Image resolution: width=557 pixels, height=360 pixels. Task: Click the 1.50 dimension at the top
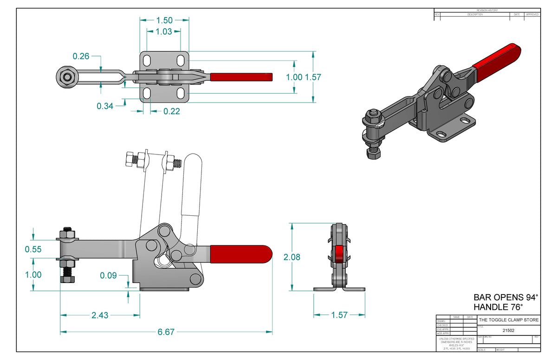164,20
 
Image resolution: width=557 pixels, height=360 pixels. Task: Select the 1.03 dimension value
164,32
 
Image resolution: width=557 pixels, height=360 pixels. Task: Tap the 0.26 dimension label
81,56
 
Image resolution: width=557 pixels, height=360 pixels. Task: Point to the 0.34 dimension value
105,106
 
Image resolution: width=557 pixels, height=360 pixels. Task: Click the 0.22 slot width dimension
171,111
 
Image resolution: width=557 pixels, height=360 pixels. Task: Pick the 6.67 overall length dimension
166,332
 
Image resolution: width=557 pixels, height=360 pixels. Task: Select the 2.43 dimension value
100,315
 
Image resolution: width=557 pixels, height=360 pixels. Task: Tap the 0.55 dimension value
33,249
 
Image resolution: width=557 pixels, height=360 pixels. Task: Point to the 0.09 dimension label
109,275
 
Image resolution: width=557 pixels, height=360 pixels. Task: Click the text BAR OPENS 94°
505,297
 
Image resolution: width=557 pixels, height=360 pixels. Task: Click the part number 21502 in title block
509,331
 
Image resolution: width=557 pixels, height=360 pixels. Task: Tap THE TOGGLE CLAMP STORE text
509,320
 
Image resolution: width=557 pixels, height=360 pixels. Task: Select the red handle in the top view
241,77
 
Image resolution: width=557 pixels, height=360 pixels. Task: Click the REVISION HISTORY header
487,10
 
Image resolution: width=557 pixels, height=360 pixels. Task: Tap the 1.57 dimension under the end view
339,315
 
